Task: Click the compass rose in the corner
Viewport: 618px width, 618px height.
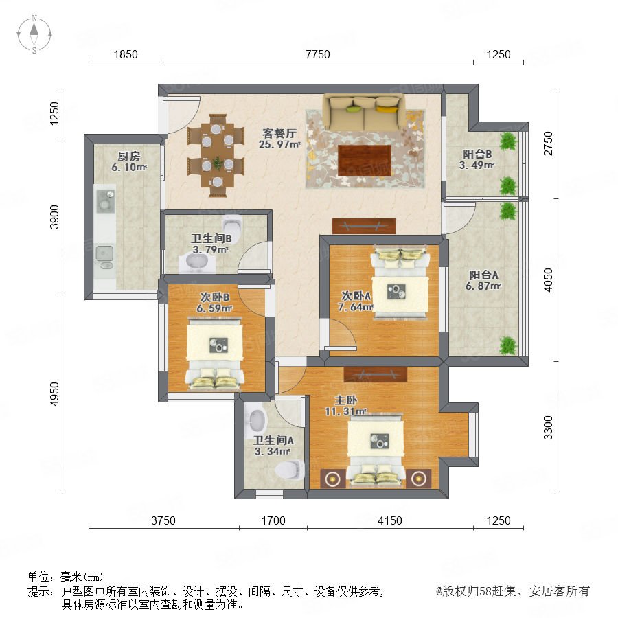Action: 34,34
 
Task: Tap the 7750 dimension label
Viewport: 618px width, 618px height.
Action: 318,54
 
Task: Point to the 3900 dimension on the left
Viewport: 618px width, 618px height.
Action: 54,217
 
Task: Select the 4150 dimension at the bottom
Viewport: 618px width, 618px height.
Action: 390,520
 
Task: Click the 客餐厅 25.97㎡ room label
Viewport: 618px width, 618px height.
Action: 279,139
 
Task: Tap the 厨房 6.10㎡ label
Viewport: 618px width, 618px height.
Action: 129,161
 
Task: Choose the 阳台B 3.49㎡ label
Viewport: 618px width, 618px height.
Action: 477,159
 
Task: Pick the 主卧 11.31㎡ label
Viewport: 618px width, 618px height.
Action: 345,406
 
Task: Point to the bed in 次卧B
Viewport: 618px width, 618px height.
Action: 215,355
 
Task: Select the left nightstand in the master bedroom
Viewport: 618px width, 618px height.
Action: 333,479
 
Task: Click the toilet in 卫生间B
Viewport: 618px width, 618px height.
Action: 233,225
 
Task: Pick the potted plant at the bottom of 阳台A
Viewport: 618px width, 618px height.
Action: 507,345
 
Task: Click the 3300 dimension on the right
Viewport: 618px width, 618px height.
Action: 548,427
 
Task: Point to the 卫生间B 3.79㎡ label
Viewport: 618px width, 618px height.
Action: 211,244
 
